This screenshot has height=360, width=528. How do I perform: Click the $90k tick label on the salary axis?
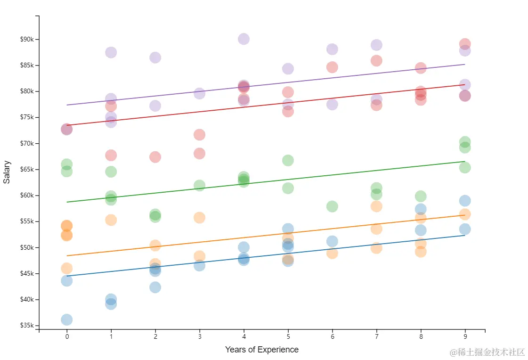26,39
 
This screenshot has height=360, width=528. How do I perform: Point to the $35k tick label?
26,326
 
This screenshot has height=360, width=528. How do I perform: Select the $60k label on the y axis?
26,196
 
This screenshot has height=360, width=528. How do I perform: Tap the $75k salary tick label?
26,117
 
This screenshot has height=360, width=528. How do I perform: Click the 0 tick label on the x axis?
67,337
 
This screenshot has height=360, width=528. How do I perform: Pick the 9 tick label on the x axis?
465,337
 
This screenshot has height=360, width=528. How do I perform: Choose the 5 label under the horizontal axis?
288,337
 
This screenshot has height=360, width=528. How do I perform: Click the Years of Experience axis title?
261,350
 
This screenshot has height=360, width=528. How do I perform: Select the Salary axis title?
7,172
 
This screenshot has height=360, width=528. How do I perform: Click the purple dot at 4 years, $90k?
244,39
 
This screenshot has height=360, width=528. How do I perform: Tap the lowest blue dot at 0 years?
67,320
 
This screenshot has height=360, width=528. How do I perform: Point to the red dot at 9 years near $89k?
465,44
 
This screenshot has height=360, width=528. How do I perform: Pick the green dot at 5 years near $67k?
288,160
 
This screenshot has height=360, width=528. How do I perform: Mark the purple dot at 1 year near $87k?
111,52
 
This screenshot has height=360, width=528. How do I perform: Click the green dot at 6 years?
332,206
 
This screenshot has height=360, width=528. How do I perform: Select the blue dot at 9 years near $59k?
465,201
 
